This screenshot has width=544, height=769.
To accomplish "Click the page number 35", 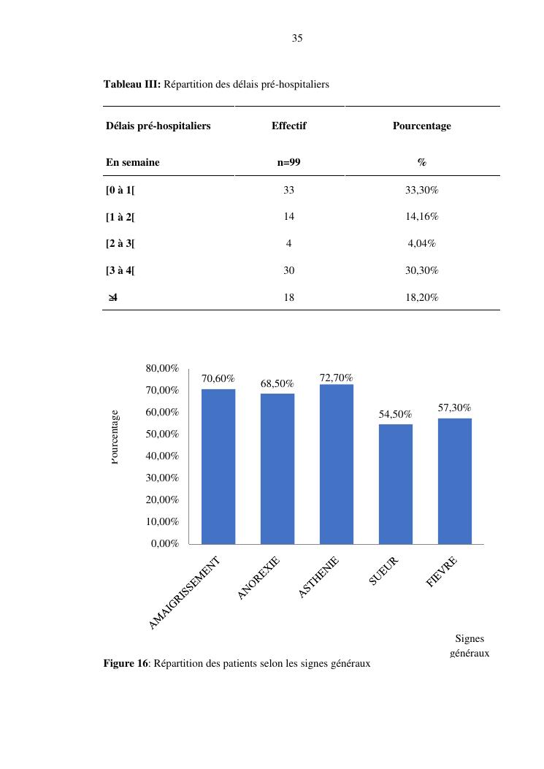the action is (x=296, y=38).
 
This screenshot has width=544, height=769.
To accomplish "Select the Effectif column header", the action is (x=289, y=126).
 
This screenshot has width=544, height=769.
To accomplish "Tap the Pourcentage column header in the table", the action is (x=422, y=126).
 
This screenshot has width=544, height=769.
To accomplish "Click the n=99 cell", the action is (x=289, y=162).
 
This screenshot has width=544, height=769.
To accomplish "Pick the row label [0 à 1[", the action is (x=120, y=190).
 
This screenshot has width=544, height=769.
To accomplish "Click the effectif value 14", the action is (x=289, y=216).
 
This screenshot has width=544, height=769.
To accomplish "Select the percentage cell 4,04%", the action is (x=422, y=243).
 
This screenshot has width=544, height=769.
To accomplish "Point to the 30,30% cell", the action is (x=422, y=270).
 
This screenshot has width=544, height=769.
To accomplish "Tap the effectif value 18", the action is (x=289, y=297).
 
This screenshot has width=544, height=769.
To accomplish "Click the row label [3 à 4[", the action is (x=120, y=270).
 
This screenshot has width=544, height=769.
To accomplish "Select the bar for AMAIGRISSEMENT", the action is (x=218, y=467).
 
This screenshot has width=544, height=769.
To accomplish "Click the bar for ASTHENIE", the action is (x=337, y=464).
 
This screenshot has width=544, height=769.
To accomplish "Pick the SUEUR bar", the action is (x=395, y=484).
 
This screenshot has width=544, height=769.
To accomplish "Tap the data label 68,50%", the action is (x=277, y=383).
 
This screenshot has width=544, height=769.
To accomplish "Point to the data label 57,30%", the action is (x=455, y=408).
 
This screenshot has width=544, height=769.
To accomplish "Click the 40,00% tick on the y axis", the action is (x=162, y=456).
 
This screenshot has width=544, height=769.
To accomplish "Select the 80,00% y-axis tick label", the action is (x=162, y=368).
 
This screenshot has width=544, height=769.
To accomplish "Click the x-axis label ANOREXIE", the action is (x=258, y=578).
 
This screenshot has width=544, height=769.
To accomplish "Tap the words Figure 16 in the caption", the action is (x=126, y=664).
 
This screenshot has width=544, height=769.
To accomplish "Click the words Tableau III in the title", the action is (x=132, y=85).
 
